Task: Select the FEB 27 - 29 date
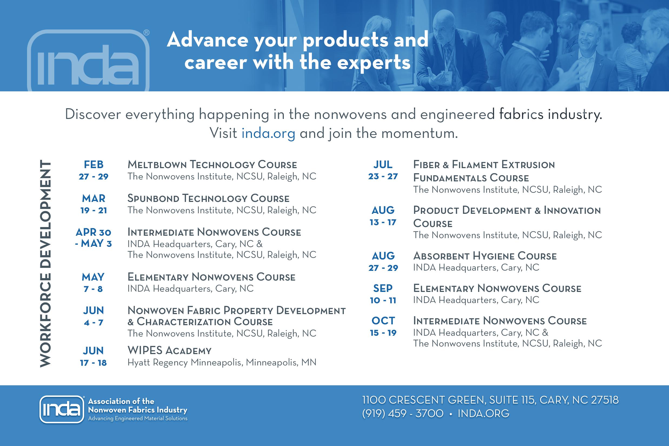(x=94, y=170)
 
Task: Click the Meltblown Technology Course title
(x=212, y=165)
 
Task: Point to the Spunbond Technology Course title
(x=208, y=198)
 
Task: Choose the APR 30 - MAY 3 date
(x=94, y=238)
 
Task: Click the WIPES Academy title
(x=169, y=350)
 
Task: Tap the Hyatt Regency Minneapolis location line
(x=222, y=362)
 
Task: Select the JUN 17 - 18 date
(x=93, y=357)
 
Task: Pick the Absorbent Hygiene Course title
(x=485, y=256)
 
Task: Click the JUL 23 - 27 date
(x=383, y=170)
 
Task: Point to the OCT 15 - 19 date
(x=383, y=327)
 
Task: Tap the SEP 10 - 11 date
(x=383, y=294)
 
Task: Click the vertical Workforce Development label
(x=45, y=263)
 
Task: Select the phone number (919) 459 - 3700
(x=403, y=413)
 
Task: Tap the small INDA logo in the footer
(x=62, y=409)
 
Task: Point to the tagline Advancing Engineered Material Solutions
(x=138, y=418)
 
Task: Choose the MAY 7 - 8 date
(x=93, y=283)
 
